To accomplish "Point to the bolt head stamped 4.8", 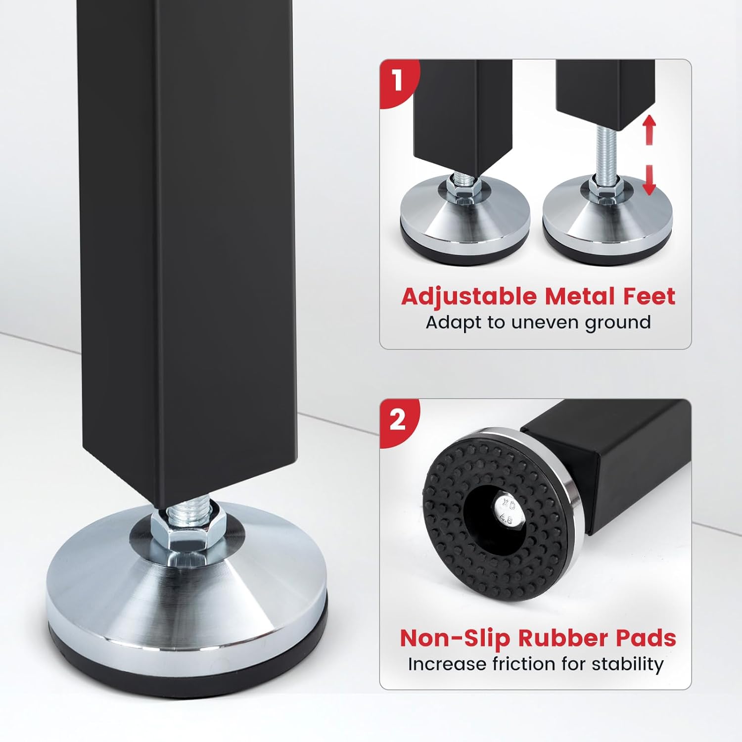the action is point(508,512).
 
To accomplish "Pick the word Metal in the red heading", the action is point(579,296).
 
